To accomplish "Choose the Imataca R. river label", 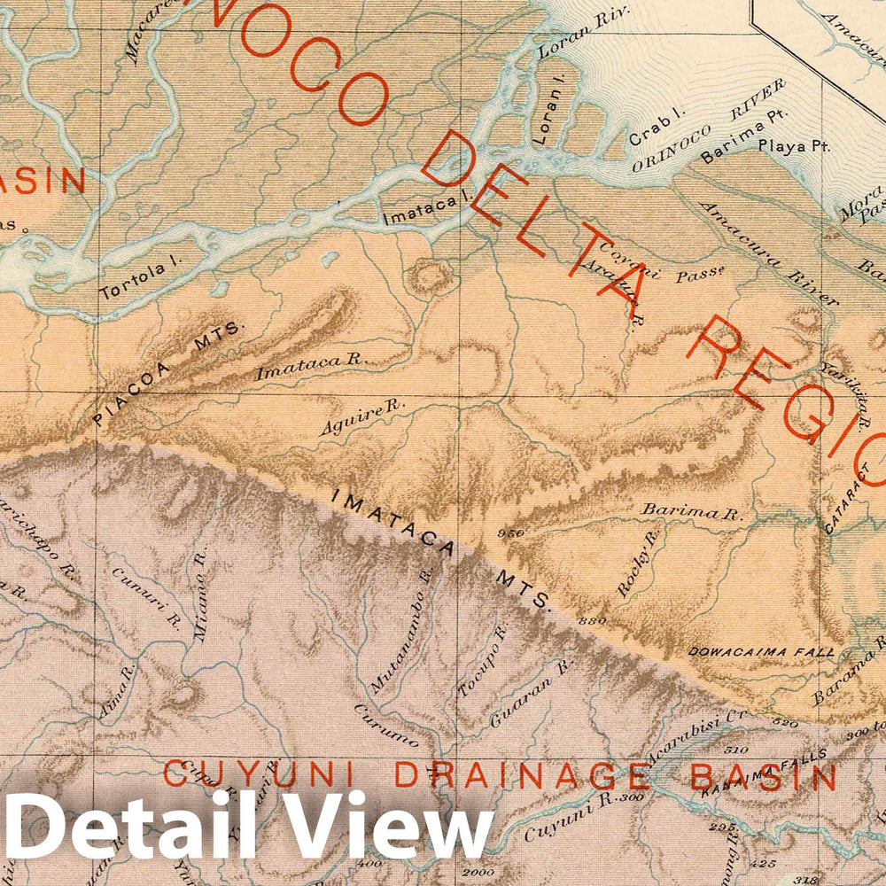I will coord(311,365).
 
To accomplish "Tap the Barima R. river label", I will coord(691,512).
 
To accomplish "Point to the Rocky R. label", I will coord(639,563).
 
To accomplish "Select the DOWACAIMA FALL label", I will coord(762,651).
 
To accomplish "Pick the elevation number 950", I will coord(511,532).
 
